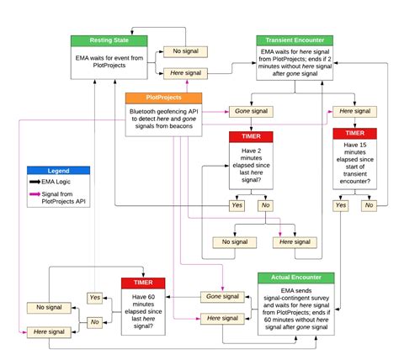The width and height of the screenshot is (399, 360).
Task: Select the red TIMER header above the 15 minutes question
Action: pyautogui.click(x=354, y=133)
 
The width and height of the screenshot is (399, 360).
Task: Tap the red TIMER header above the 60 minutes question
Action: pyautogui.click(x=143, y=283)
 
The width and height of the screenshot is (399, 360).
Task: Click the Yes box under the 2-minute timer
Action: pyautogui.click(x=237, y=204)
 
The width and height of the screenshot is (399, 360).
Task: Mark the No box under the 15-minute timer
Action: pyautogui.click(x=368, y=204)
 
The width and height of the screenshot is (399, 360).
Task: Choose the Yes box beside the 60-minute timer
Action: pyautogui.click(x=95, y=298)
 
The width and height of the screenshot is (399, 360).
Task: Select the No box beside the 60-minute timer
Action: pyautogui.click(x=95, y=321)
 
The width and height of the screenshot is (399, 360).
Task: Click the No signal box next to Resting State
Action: pyautogui.click(x=184, y=51)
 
